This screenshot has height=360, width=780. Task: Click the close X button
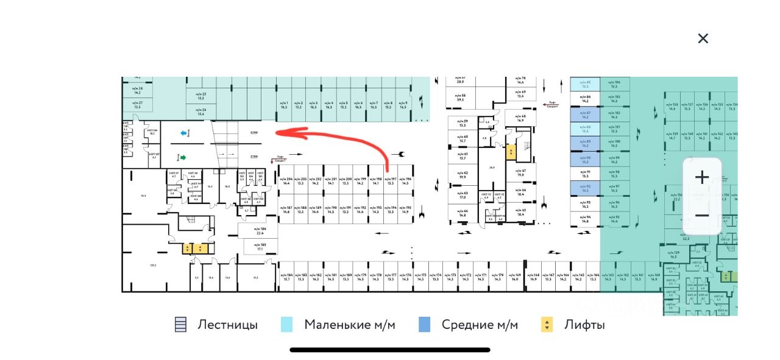pos(703,38)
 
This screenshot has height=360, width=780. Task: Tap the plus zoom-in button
pos(702,177)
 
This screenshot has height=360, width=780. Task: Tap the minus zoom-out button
pos(702,215)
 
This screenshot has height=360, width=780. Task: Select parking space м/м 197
pos(390,181)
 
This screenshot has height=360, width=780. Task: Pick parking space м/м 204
pos(285,181)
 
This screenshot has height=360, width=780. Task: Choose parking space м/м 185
pos(260,247)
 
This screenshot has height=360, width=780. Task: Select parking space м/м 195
pos(405,210)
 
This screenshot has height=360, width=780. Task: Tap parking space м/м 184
pos(286,277)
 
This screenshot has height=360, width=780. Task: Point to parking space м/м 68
pos(520,118)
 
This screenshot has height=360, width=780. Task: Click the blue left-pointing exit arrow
pos(183,133)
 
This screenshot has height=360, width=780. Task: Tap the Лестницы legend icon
pos(180,325)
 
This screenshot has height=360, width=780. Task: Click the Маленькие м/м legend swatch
pos(287,325)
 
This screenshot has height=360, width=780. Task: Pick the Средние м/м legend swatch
pos(425,325)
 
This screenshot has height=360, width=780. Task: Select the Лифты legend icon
pos(547,325)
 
